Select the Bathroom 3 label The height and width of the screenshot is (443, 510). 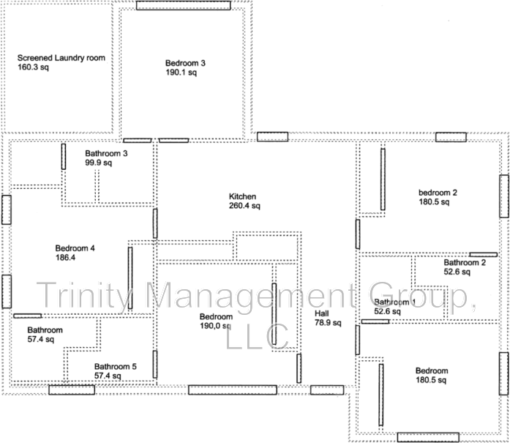(x=106, y=153)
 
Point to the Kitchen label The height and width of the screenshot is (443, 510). (x=241, y=196)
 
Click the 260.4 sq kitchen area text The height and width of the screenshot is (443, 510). (x=244, y=206)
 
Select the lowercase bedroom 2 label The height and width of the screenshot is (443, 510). (x=438, y=193)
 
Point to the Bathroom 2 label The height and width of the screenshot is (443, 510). (x=465, y=262)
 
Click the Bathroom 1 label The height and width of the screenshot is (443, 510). (x=395, y=302)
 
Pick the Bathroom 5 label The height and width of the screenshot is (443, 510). (x=115, y=366)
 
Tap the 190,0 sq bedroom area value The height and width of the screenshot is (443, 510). (x=216, y=326)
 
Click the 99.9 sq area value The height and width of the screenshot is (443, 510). (x=98, y=163)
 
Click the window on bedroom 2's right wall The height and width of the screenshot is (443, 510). (x=503, y=196)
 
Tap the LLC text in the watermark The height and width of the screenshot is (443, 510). (x=259, y=335)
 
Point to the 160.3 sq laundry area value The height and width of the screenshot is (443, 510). (x=33, y=67)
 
